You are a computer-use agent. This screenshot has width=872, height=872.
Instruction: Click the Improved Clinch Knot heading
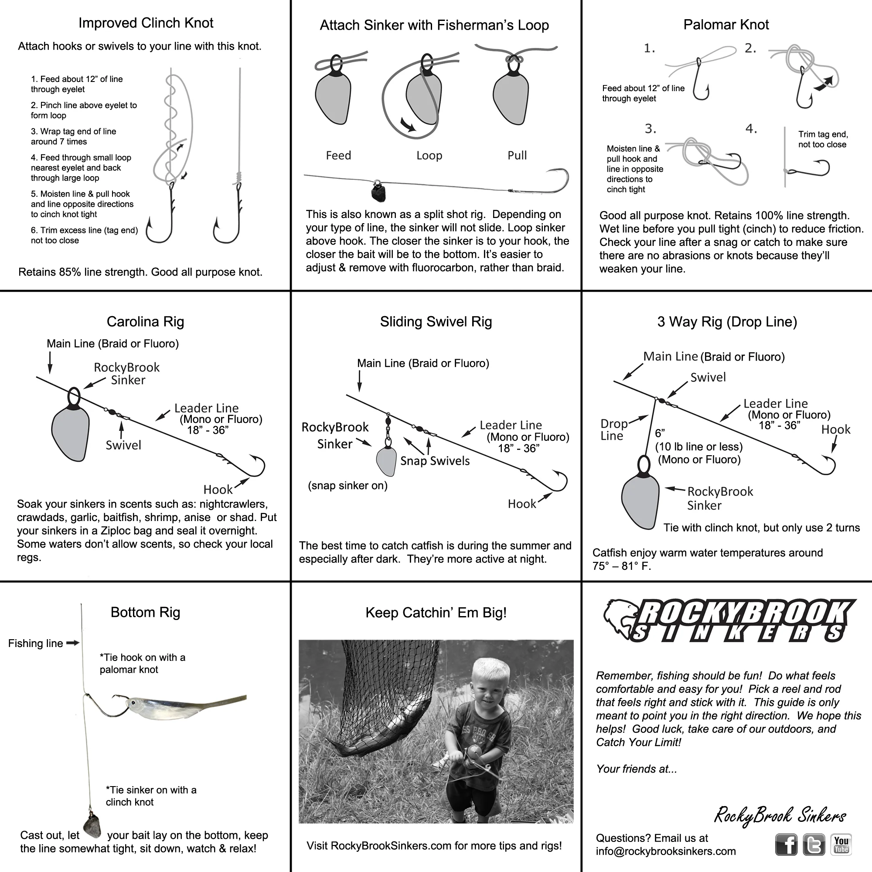pos(146,23)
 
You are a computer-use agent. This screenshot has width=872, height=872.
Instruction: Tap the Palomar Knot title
pos(726,24)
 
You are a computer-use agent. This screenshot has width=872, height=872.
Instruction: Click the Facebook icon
pos(786,845)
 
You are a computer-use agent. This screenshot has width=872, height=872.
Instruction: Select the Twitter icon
pos(814,845)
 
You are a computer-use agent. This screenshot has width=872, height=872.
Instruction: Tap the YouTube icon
pos(841,845)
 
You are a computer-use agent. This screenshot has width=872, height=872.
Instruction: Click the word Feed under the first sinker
pos(338,156)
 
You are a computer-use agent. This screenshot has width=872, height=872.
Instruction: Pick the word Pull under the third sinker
pos(517,156)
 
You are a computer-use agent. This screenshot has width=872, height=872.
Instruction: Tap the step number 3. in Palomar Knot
pos(651,129)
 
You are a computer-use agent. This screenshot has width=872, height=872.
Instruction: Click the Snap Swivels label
pos(435,461)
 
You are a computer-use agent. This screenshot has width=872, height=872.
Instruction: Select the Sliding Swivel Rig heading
pos(436,322)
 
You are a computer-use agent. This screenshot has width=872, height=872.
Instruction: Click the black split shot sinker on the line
pos(378,191)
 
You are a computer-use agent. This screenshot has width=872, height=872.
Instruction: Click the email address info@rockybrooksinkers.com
pos(666,851)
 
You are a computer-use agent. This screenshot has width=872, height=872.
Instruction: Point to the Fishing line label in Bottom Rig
pos(35,643)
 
